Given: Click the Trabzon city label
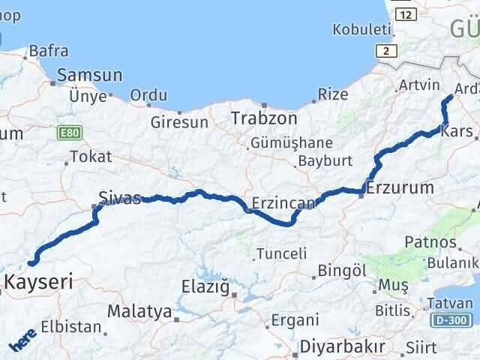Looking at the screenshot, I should tap(264, 118).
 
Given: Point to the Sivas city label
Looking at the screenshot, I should tap(119, 199).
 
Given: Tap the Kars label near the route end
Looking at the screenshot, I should tap(457, 131).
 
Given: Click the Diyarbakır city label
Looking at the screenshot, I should tap(342, 346).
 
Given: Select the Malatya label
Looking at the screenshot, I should tap(139, 310).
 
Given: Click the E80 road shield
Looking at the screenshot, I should tap(67, 133).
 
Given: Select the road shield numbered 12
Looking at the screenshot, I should tap(405, 14).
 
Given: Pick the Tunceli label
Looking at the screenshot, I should tap(281, 253).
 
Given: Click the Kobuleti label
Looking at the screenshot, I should tap(364, 30).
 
